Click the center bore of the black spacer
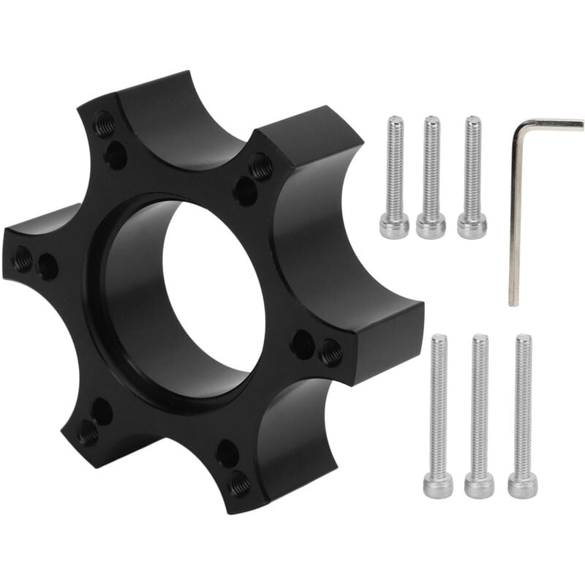[212, 292]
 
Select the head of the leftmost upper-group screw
[394, 227]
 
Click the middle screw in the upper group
[431, 175]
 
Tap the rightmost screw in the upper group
[472, 175]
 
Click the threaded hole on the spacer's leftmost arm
[23, 258]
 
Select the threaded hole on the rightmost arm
[331, 352]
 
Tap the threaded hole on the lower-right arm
[240, 483]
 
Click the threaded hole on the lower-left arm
[88, 433]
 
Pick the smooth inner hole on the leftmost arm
[48, 266]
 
